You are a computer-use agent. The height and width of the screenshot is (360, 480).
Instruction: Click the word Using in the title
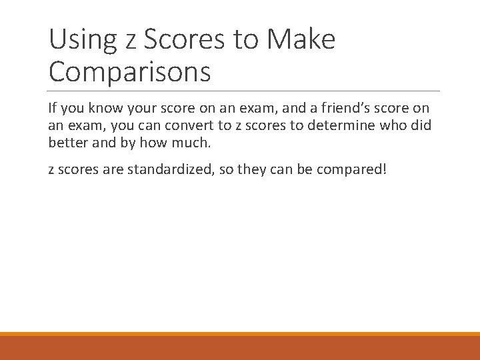79,40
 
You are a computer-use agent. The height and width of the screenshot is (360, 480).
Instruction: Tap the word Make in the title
301,40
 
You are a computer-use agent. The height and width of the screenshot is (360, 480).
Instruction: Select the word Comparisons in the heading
129,72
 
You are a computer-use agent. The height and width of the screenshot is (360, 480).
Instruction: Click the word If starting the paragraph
53,107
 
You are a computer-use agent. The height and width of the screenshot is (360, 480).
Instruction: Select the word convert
194,125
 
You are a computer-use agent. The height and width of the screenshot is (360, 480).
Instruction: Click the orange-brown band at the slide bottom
240,347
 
